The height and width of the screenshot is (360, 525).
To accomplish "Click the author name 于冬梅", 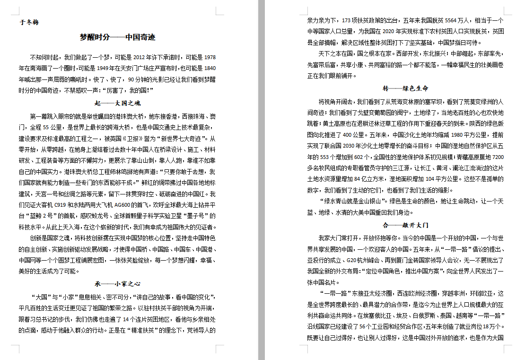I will (29, 23).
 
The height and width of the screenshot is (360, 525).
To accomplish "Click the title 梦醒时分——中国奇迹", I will (118, 37).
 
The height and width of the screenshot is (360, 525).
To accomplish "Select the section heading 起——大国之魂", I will (118, 103).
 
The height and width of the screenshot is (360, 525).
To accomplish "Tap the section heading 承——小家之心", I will (118, 284).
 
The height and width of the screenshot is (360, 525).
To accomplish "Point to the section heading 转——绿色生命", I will (405, 88).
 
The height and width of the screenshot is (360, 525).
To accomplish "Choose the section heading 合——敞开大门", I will (405, 225).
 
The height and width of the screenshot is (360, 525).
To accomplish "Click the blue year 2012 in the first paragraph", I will (139, 57).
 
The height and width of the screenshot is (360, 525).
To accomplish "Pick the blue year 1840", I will (210, 68).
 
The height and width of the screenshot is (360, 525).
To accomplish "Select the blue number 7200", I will (498, 157).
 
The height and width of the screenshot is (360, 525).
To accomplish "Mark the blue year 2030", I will (349, 146).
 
